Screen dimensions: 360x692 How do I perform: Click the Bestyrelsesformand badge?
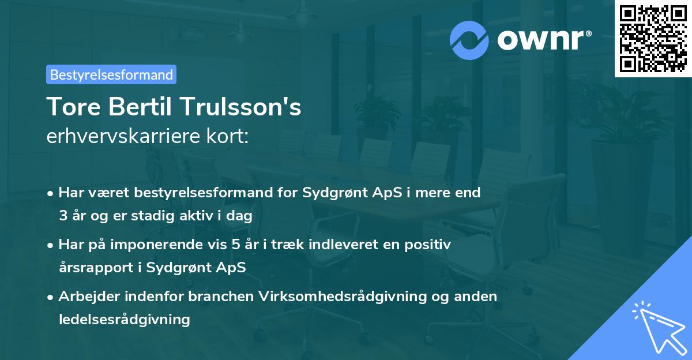click(x=111, y=74)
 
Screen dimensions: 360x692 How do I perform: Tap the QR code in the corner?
click(x=653, y=38)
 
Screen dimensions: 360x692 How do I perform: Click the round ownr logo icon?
click(x=469, y=40)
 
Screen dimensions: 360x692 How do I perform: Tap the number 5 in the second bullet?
click(x=236, y=245)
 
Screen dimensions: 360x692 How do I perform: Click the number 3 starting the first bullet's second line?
click(x=63, y=216)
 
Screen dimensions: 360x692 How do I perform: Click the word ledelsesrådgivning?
click(x=125, y=319)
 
